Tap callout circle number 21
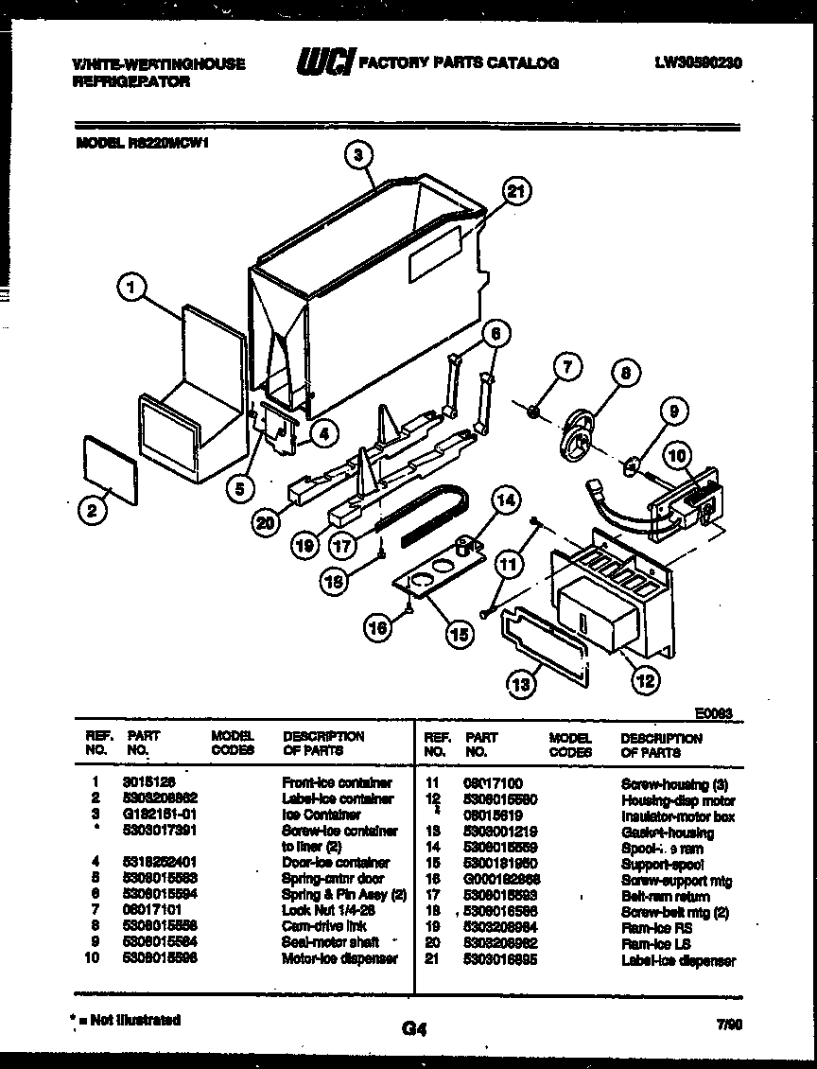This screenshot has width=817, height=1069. pos(513,192)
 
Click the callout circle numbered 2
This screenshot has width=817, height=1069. pos(91,512)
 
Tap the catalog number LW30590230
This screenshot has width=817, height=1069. pos(697,63)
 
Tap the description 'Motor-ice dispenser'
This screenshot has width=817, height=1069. pos(339,958)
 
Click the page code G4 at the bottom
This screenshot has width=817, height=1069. pos(414,1030)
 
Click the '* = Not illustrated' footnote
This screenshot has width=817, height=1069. pos(126,1020)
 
